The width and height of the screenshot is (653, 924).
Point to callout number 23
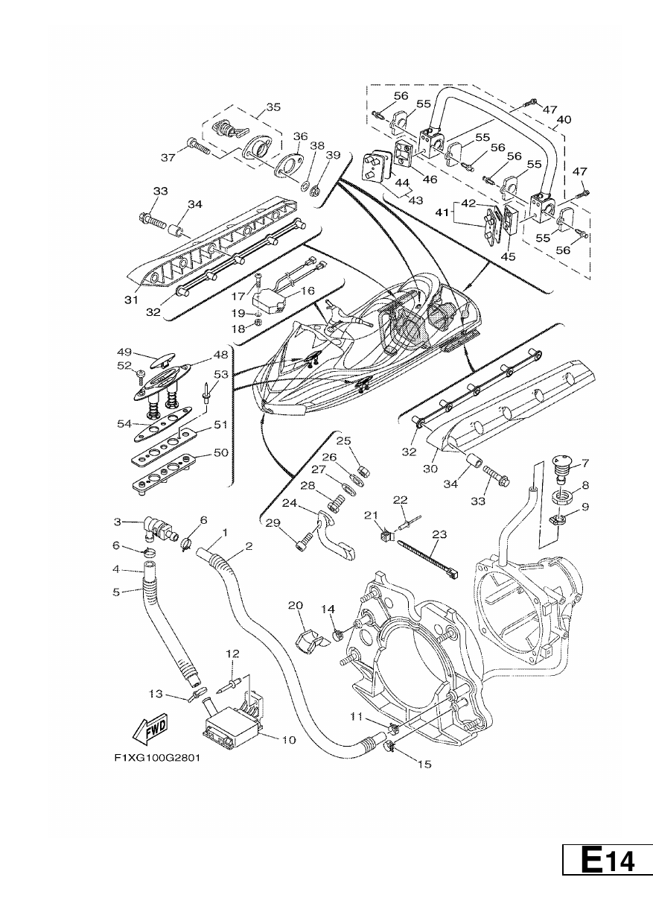click(x=440, y=534)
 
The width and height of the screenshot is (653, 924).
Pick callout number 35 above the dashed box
click(x=273, y=107)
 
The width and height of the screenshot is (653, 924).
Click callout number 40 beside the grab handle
click(x=564, y=120)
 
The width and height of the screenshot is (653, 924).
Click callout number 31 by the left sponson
click(x=131, y=300)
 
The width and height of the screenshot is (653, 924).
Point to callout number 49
click(x=124, y=352)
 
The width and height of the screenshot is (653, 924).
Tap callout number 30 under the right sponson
click(x=430, y=469)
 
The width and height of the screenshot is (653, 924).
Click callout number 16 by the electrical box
click(x=308, y=291)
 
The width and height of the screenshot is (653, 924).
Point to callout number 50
click(x=221, y=452)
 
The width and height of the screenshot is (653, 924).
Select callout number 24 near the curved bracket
click(x=290, y=503)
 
